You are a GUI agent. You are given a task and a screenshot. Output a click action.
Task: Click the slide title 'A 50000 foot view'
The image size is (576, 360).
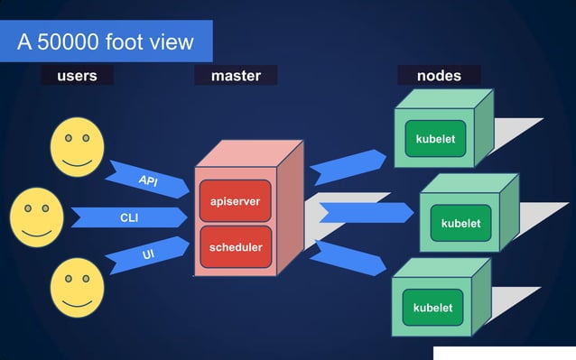107,42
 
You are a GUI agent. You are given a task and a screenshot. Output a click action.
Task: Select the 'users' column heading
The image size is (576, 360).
77,76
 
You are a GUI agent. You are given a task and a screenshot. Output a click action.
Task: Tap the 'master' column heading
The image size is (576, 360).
236,76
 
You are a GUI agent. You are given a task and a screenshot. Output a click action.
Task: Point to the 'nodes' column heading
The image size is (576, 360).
439,76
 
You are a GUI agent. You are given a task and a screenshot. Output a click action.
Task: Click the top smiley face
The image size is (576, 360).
76,146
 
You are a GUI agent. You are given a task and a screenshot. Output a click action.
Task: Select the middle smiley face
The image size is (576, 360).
36,217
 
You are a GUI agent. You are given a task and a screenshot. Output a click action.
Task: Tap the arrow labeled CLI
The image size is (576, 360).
129,217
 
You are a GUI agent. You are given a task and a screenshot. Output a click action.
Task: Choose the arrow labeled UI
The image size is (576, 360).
147,255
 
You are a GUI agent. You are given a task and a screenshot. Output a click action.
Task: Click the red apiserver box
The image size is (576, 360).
235,201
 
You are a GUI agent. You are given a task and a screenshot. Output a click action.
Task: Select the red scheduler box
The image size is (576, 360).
236,247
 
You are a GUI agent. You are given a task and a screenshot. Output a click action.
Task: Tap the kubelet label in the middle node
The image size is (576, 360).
460,223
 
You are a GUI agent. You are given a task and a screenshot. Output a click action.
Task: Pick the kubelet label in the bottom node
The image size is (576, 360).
432,308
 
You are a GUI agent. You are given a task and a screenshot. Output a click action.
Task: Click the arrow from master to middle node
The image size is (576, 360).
365,213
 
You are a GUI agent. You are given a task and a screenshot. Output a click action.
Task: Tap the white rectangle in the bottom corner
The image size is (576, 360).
504,352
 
